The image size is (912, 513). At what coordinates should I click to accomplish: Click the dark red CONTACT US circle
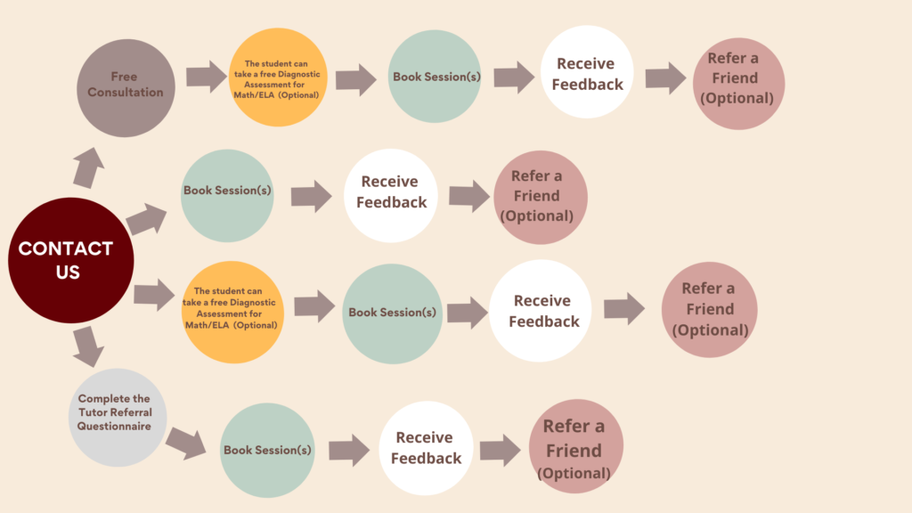pos(70,260)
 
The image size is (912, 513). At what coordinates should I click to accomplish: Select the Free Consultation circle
pos(126,84)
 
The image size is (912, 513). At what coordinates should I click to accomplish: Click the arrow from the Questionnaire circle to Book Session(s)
pos(187,442)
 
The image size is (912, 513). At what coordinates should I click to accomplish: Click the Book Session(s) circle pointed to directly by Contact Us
pos(227,195)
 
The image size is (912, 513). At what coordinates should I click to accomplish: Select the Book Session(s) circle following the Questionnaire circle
pos(268,451)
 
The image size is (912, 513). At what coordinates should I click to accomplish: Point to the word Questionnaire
pos(115,426)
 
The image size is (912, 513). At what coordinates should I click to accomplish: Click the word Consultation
pos(126,92)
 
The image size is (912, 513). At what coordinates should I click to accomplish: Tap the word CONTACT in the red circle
pos(66,248)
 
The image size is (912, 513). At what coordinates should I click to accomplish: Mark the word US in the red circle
pos(69,273)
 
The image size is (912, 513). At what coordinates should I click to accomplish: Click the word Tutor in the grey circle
pos(94,412)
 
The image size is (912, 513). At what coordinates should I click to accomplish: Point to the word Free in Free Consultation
pos(126,77)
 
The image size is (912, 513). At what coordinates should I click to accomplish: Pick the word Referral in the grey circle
pos(130,412)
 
